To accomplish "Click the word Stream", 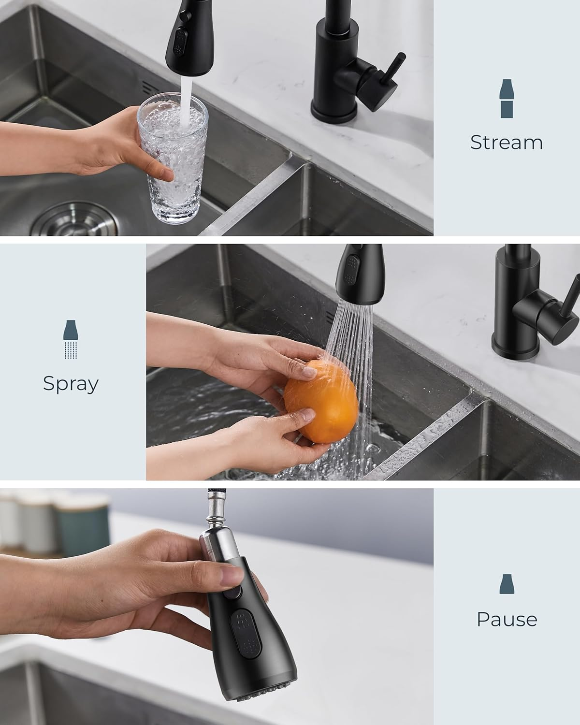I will (x=506, y=143).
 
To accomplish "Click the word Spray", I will (x=71, y=384).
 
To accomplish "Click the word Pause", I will (x=507, y=619).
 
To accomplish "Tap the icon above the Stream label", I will (x=506, y=99).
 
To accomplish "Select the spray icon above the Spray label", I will (x=71, y=339).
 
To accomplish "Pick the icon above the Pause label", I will (x=506, y=584).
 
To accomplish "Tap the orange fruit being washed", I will (x=321, y=401).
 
